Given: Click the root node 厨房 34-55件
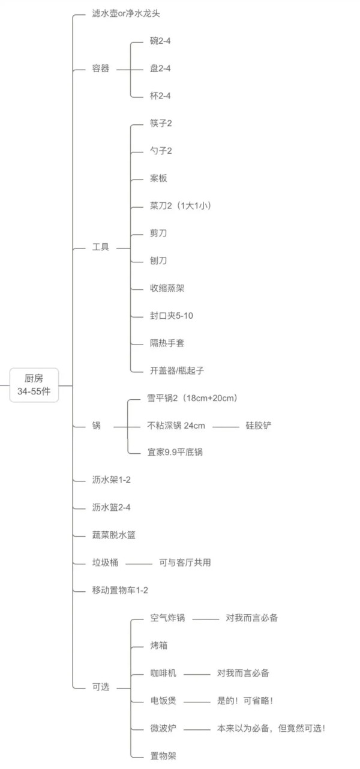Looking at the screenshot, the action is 34,385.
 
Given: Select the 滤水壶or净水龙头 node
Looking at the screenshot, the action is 126,13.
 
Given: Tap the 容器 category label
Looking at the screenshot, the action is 101,68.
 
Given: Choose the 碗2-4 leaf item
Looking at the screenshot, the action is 160,41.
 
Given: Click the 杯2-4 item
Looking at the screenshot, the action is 160,95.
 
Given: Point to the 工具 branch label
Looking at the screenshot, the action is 101,247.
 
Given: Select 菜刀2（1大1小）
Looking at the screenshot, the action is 181,206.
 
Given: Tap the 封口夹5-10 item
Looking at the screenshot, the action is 171,316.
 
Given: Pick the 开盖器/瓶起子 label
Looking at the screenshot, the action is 177,370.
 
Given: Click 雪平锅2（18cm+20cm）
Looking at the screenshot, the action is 192,398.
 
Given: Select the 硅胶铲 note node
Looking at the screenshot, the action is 259,426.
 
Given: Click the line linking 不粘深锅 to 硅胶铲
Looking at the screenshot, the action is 226,427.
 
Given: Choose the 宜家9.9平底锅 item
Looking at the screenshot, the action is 175,452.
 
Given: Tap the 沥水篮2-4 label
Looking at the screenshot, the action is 111,507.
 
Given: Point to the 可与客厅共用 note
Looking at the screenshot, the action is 185,562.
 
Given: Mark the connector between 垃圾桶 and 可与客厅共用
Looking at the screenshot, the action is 139,564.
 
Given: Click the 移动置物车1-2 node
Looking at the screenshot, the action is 120,590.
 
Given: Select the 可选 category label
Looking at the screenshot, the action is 101,687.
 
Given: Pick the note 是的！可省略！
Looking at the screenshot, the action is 245,701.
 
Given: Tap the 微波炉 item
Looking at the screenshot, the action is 163,728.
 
